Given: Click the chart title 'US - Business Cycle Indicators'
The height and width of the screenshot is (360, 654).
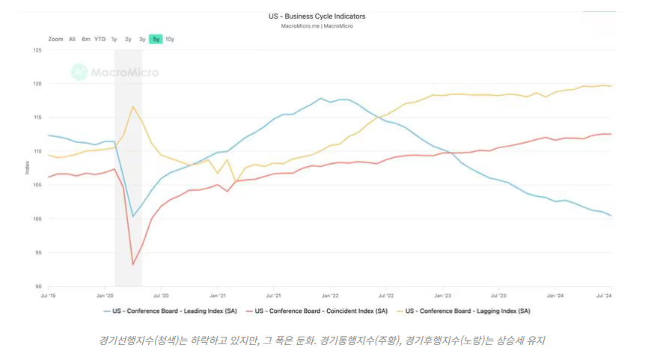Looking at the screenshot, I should click(x=317, y=16).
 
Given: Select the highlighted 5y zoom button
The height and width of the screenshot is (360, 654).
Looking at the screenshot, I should click(x=156, y=39).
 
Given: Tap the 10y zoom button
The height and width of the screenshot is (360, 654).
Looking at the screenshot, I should click(x=170, y=39).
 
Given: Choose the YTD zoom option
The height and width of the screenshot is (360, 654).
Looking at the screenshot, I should click(x=100, y=39).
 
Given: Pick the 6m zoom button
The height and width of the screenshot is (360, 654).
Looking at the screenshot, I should click(x=86, y=39).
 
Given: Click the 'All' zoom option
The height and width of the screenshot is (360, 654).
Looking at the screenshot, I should click(x=73, y=39).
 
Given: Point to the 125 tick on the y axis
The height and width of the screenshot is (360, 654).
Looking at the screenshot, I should click(x=37, y=50).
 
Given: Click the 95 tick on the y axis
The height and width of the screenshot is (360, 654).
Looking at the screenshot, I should click(x=39, y=253).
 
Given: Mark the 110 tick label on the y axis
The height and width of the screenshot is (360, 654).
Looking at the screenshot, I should click(x=37, y=152).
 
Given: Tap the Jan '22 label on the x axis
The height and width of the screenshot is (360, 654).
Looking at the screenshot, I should click(x=330, y=296).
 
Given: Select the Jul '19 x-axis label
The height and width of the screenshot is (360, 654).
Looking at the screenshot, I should click(x=49, y=296).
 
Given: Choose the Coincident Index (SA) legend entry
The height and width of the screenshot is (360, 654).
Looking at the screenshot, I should click(x=317, y=311).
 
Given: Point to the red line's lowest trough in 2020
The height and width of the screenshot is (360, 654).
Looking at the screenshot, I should click(x=133, y=264).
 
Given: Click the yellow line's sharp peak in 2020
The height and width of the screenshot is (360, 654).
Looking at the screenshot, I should click(x=133, y=106).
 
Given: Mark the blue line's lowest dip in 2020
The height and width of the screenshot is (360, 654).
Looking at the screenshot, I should click(x=133, y=216).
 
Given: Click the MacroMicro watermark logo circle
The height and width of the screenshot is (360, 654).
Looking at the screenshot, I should click(x=79, y=72).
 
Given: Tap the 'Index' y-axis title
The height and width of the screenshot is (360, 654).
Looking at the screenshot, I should click(x=28, y=168).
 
